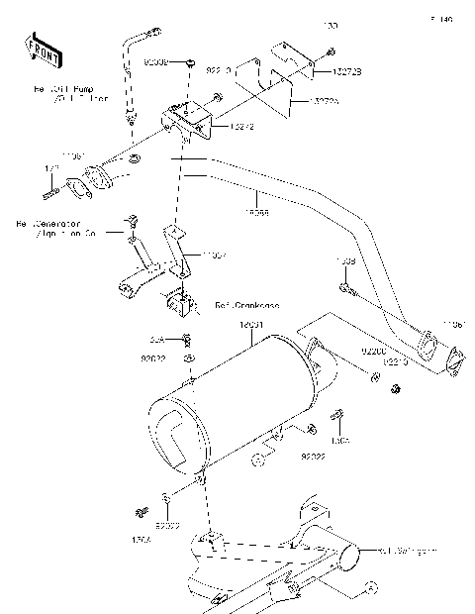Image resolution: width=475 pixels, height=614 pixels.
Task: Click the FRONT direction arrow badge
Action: (40, 49)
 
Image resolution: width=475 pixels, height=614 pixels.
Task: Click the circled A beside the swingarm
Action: (372, 586)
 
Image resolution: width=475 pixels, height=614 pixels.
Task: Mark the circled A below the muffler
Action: (257, 459)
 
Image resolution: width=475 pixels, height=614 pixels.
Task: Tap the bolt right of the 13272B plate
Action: (331, 51)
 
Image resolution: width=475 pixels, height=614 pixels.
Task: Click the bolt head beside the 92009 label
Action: (189, 62)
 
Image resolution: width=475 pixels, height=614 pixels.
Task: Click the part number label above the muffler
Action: (251, 325)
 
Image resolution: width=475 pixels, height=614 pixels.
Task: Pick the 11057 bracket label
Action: (215, 255)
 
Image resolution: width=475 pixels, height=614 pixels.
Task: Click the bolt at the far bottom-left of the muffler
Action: (138, 512)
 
